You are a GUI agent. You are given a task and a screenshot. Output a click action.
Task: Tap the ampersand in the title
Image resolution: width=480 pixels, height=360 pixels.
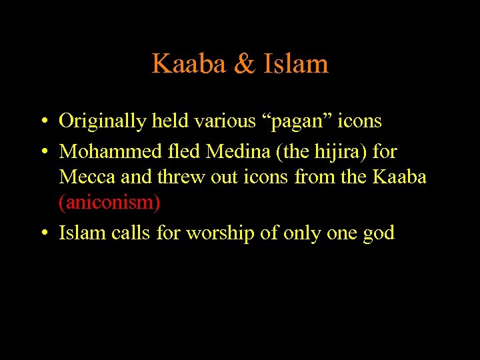pos(246,64)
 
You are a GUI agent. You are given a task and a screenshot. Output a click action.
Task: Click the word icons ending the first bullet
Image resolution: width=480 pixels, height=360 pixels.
pos(361,121)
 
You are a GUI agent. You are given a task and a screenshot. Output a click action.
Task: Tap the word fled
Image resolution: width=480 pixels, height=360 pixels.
pos(183,151)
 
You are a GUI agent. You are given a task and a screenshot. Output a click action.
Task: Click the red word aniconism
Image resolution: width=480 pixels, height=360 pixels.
pos(110,203)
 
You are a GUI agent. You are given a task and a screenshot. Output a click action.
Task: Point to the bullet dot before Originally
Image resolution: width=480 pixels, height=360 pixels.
pos(43,122)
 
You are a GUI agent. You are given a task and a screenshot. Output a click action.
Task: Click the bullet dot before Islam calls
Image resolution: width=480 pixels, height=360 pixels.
pos(43,233)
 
